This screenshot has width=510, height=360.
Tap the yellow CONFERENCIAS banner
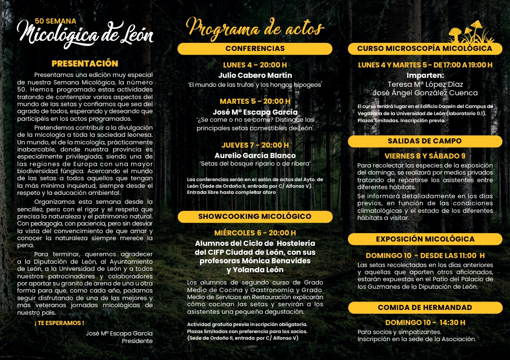click(255, 49)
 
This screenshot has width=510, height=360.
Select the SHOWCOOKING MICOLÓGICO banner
click(255, 217)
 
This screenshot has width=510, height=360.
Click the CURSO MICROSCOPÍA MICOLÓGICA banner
click(425, 49)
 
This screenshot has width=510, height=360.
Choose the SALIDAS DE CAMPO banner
click(425, 141)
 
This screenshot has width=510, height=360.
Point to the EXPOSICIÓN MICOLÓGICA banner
click(425, 239)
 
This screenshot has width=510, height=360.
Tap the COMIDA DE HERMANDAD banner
click(425, 308)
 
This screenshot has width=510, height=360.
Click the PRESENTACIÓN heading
click(85, 63)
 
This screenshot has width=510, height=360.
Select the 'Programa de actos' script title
click(255, 27)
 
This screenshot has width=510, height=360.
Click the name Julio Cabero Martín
click(255, 75)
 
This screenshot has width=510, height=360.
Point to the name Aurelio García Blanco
click(255, 156)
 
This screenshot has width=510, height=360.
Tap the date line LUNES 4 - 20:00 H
click(255, 65)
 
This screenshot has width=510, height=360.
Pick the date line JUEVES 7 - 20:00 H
click(255, 145)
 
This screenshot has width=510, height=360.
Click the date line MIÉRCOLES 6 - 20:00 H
click(255, 233)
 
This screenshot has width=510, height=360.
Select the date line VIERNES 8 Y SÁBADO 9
click(425, 156)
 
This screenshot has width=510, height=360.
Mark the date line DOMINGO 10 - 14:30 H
click(425, 323)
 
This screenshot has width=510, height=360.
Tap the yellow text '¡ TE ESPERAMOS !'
click(59, 323)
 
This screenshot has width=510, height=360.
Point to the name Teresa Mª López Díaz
click(425, 84)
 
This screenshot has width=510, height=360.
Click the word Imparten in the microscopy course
click(425, 75)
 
